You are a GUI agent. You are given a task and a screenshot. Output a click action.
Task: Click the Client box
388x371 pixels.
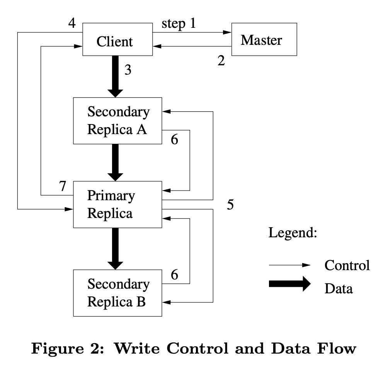coord(114,41)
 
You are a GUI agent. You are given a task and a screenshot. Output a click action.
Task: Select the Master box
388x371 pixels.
coord(264,39)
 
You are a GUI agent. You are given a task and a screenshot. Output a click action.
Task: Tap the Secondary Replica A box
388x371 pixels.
coord(118,121)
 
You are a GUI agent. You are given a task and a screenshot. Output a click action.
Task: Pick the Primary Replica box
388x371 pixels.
coord(118,204)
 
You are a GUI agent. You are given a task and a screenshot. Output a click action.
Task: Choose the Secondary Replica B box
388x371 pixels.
coord(118,293)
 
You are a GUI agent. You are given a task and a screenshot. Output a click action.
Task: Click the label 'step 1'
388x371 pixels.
coord(179,24)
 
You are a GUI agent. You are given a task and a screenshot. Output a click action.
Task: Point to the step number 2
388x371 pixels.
coord(221,61)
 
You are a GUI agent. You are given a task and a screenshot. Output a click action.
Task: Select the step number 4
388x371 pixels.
coord(72,24)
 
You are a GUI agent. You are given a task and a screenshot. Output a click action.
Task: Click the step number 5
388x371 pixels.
coord(230,204)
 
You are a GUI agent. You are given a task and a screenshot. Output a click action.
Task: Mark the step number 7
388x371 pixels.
coord(62,187)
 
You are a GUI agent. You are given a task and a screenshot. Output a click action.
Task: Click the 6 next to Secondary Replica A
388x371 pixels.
coord(175,140)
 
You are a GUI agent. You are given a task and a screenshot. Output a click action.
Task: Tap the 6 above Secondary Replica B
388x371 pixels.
coord(175,275)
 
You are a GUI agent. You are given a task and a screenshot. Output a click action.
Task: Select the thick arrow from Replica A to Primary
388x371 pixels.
coord(115,162)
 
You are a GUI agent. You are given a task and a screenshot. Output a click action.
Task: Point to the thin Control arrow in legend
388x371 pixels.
coord(289,265)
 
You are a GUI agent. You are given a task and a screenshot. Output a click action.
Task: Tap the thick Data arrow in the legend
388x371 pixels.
coord(289,284)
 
